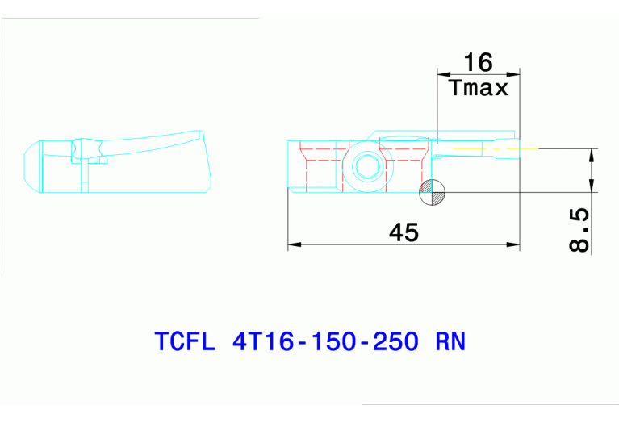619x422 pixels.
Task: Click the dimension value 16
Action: coord(478,62)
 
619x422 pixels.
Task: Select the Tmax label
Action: coord(479,88)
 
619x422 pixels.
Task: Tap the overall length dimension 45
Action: coord(404,232)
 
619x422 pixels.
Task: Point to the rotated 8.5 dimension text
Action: coord(579,229)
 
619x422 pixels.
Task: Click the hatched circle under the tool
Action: coord(431,190)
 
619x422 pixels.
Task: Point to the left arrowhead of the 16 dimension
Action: coord(442,74)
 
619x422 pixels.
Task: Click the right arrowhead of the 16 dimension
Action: coord(513,74)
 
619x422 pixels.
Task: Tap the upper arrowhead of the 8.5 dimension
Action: coord(593,154)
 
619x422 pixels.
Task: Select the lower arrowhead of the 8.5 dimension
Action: coord(593,186)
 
